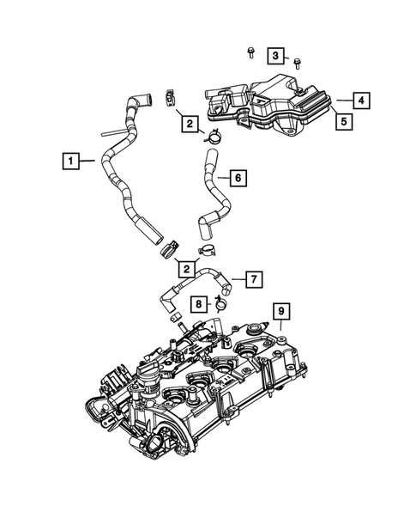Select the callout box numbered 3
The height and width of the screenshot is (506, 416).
point(275,56)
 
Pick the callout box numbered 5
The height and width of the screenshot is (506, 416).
point(341,121)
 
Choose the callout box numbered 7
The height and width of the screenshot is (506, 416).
point(253,279)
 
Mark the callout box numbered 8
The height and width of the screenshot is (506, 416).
point(197,303)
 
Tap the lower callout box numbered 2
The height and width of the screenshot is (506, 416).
point(185,269)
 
